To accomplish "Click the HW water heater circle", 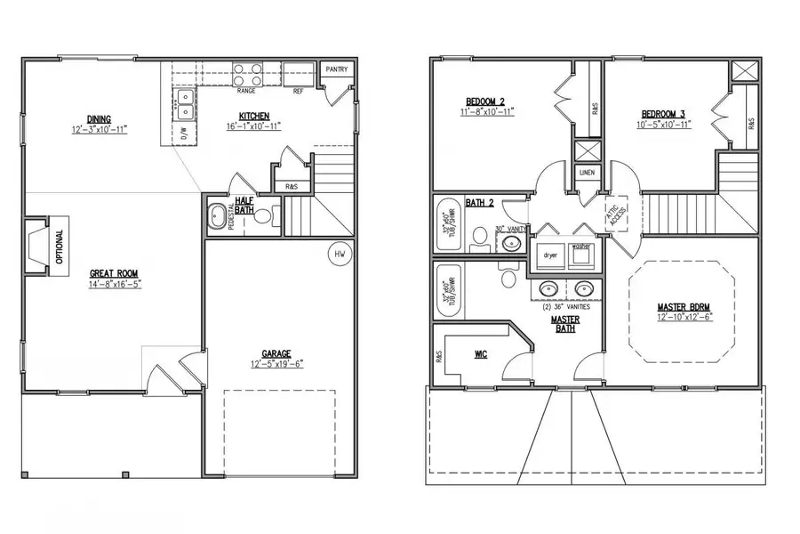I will coord(340,255).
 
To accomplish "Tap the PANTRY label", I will coord(336,69).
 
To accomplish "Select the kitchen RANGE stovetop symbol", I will coord(247,72).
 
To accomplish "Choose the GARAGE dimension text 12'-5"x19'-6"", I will coord(276,365).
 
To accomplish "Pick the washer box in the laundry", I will coord(581,255).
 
